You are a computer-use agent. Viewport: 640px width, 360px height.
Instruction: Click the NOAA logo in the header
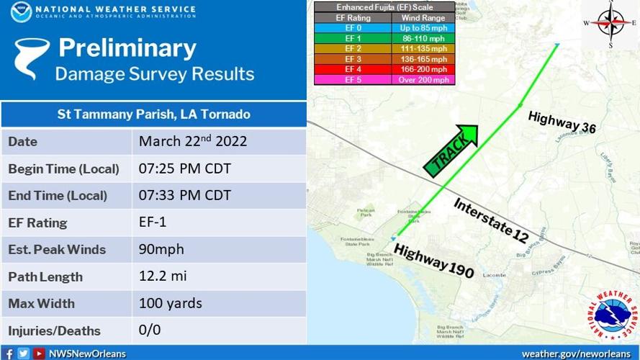pyautogui.click(x=21, y=12)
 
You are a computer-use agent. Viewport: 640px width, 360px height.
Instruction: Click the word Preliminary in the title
pyautogui.click(x=127, y=48)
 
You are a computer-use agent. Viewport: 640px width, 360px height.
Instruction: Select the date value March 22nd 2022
pyautogui.click(x=192, y=141)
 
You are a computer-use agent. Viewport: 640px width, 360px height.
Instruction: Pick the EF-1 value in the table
pyautogui.click(x=153, y=222)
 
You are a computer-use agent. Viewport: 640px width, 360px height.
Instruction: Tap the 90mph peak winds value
pyautogui.click(x=161, y=249)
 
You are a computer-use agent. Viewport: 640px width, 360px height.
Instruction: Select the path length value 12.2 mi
pyautogui.click(x=162, y=276)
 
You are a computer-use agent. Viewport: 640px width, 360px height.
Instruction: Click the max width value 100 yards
pyautogui.click(x=170, y=303)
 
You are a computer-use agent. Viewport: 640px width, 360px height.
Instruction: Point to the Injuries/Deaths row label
pyautogui.click(x=54, y=331)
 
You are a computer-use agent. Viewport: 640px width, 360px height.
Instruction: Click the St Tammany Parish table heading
pyautogui.click(x=153, y=114)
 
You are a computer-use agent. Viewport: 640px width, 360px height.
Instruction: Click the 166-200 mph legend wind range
pyautogui.click(x=423, y=69)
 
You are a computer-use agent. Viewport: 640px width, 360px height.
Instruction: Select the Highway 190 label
pyautogui.click(x=433, y=261)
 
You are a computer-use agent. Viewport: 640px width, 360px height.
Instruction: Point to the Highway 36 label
pyautogui.click(x=562, y=122)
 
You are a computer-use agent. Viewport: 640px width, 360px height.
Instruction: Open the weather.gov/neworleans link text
pyautogui.click(x=577, y=354)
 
